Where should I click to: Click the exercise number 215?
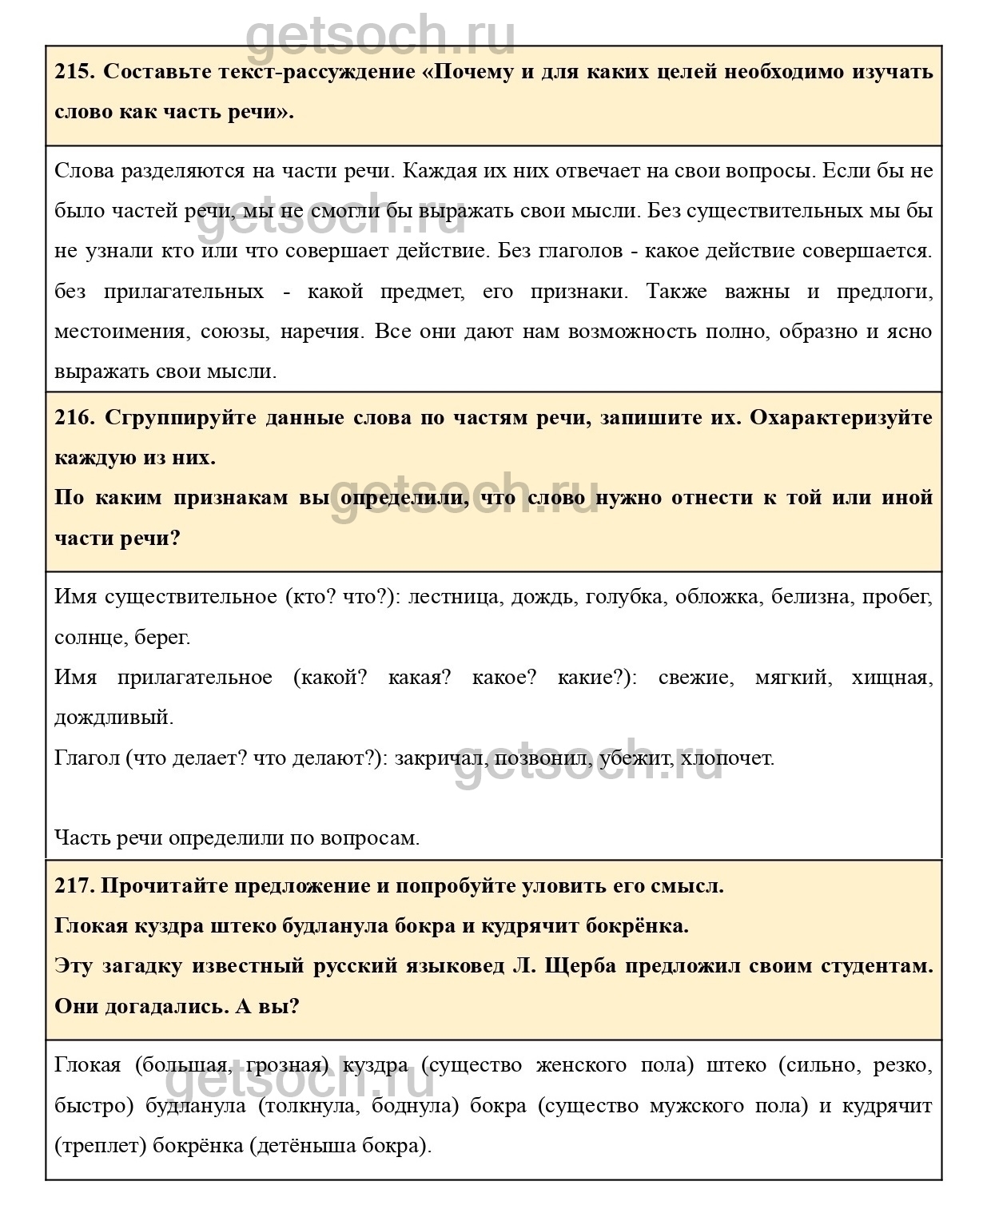[x=74, y=71]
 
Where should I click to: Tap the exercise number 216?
[x=74, y=417]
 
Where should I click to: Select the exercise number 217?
[x=74, y=885]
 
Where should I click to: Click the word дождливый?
[x=113, y=717]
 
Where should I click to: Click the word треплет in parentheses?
[x=101, y=1145]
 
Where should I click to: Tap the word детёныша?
[x=304, y=1145]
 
